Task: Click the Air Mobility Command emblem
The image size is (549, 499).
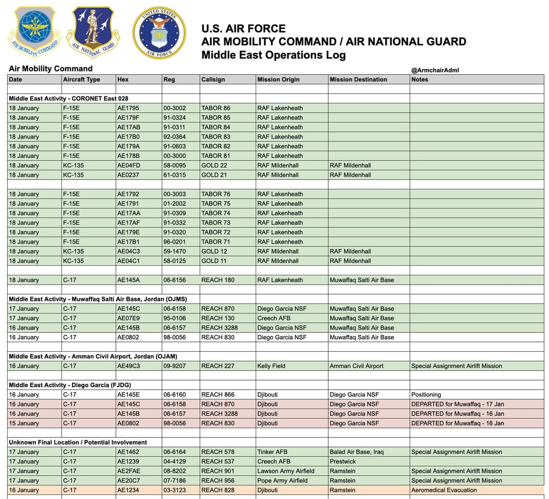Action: coord(35,32)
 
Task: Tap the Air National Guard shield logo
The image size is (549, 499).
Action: coord(93,32)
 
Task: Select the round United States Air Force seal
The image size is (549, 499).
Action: coord(159,33)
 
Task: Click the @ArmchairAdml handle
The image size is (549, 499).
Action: coord(435,70)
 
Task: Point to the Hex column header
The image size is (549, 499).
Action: coord(123,79)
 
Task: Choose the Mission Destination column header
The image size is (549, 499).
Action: coord(358,79)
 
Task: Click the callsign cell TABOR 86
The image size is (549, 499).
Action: coord(216,108)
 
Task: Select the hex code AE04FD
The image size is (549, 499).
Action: coord(128,165)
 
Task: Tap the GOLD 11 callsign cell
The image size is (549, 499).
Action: coord(213,261)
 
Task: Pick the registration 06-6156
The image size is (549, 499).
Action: coord(175,280)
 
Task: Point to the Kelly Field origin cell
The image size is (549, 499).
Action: coord(271,366)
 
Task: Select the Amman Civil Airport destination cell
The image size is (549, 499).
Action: coord(356,366)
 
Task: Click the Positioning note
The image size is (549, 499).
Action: coord(426,394)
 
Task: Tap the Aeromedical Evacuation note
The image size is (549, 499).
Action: coord(444,490)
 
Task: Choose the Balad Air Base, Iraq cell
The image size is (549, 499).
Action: coord(356,452)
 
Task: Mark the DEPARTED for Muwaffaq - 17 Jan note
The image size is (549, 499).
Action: coord(457,404)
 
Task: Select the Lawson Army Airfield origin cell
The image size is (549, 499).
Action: coord(286,471)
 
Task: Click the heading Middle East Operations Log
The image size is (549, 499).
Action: coord(273,55)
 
